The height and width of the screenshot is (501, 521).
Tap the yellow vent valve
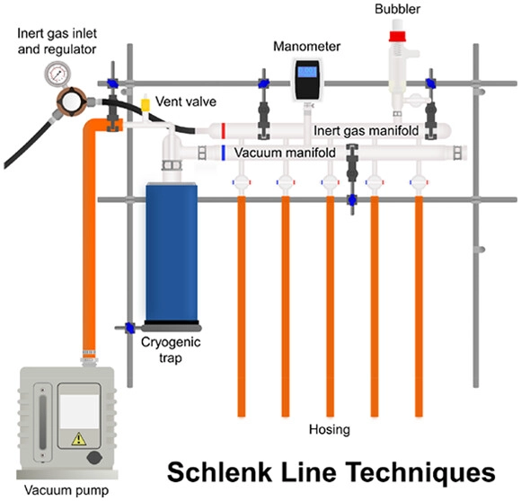[x=145, y=103]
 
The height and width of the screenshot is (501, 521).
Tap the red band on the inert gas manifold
[x=223, y=131]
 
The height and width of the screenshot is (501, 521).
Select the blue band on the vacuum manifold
[x=223, y=153]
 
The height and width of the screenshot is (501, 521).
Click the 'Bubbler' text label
[x=396, y=9]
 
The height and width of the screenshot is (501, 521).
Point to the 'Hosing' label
[x=328, y=430]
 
